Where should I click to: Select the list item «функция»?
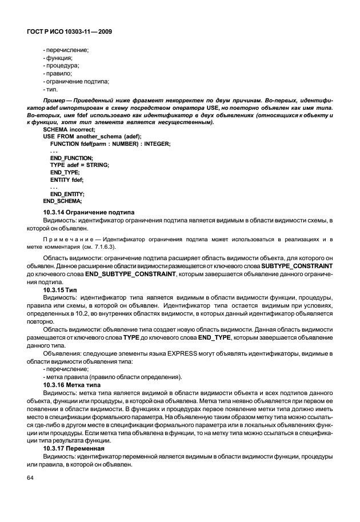point(58,58)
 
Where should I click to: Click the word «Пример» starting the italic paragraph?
point(54,101)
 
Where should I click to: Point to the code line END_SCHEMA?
point(62,201)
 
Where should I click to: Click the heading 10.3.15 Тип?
point(63,290)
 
